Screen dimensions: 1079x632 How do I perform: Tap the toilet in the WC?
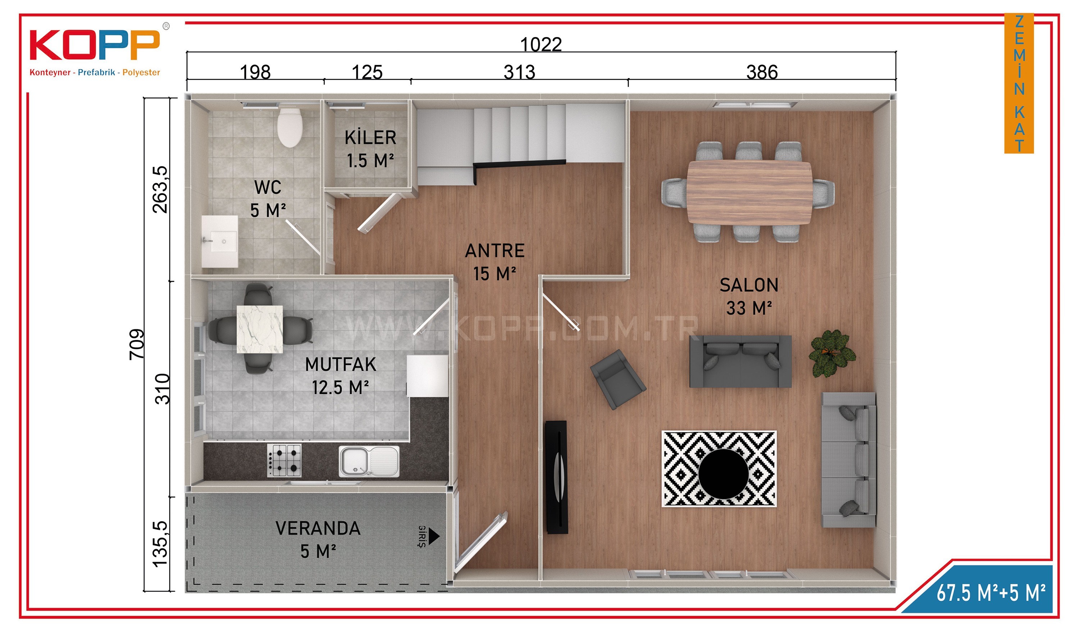(290, 127)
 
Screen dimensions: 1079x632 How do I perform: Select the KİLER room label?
(370, 138)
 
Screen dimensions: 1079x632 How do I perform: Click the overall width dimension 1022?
(541, 45)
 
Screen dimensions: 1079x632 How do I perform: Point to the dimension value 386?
(762, 72)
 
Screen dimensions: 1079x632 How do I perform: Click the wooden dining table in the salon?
(749, 193)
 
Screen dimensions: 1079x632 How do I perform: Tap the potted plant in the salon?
(832, 353)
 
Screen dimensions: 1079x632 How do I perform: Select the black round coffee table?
(723, 474)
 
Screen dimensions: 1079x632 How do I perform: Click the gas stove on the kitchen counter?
(284, 461)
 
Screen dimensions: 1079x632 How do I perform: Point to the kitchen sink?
(369, 461)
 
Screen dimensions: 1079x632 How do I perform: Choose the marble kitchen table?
(259, 329)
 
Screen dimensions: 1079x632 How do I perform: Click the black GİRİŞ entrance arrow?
(434, 536)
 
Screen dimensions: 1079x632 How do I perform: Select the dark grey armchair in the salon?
(618, 380)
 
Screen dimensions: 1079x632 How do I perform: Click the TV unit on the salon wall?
(556, 477)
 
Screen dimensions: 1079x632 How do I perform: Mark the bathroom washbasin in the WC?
(220, 241)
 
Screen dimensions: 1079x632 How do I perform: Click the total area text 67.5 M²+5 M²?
(991, 592)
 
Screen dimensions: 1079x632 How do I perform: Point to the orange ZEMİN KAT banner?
(1019, 83)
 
